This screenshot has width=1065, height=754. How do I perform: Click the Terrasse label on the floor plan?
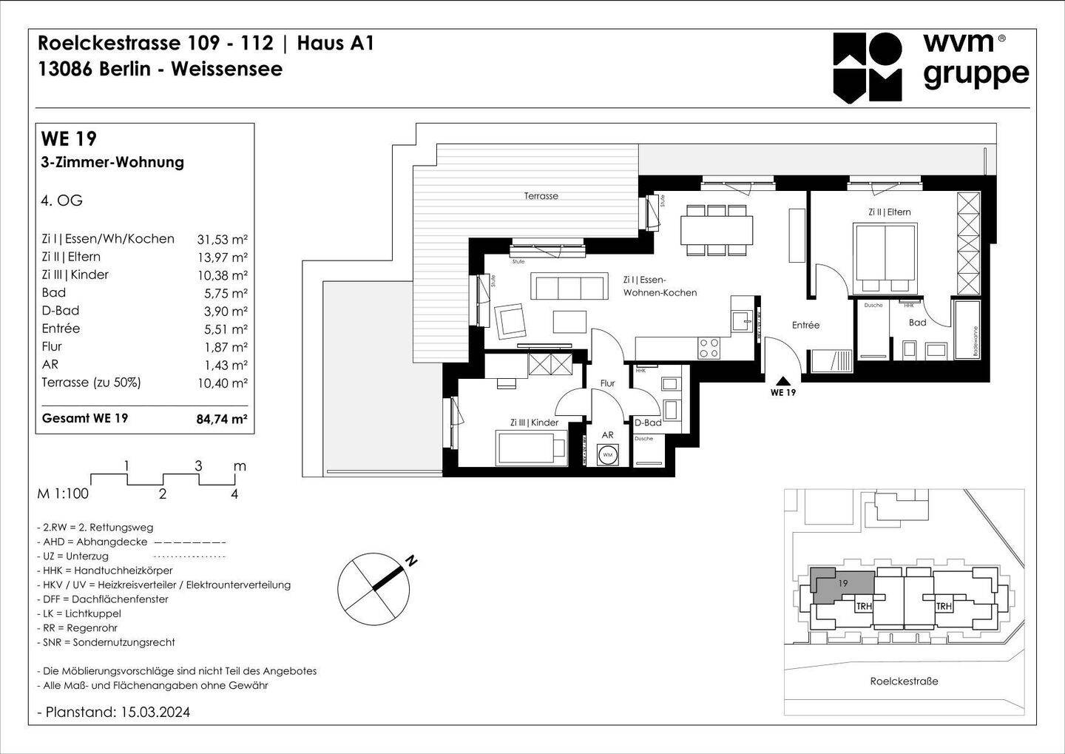pos(541,196)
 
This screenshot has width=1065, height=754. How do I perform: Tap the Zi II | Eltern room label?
pos(889,212)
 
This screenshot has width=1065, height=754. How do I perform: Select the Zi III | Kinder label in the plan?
pos(534,423)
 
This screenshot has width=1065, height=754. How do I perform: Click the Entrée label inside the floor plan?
pos(805,325)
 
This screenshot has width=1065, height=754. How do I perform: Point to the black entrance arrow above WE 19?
pos(782,380)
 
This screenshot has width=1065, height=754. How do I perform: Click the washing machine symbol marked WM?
pos(608,454)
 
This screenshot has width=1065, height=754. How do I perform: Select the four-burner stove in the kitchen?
pos(709,348)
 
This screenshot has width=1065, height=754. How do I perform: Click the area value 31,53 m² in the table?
pos(222,239)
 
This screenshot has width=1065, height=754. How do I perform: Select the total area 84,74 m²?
pos(221,419)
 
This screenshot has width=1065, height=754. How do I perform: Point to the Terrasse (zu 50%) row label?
pos(91,383)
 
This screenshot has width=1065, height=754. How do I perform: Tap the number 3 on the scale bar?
pos(198,466)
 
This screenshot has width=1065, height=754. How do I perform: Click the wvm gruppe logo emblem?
pos(868,67)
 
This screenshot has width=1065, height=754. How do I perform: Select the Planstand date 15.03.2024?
pos(154,713)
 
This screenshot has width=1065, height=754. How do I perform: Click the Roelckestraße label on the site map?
pos(904,681)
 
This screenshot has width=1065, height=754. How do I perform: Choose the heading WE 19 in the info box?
pos(69,139)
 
